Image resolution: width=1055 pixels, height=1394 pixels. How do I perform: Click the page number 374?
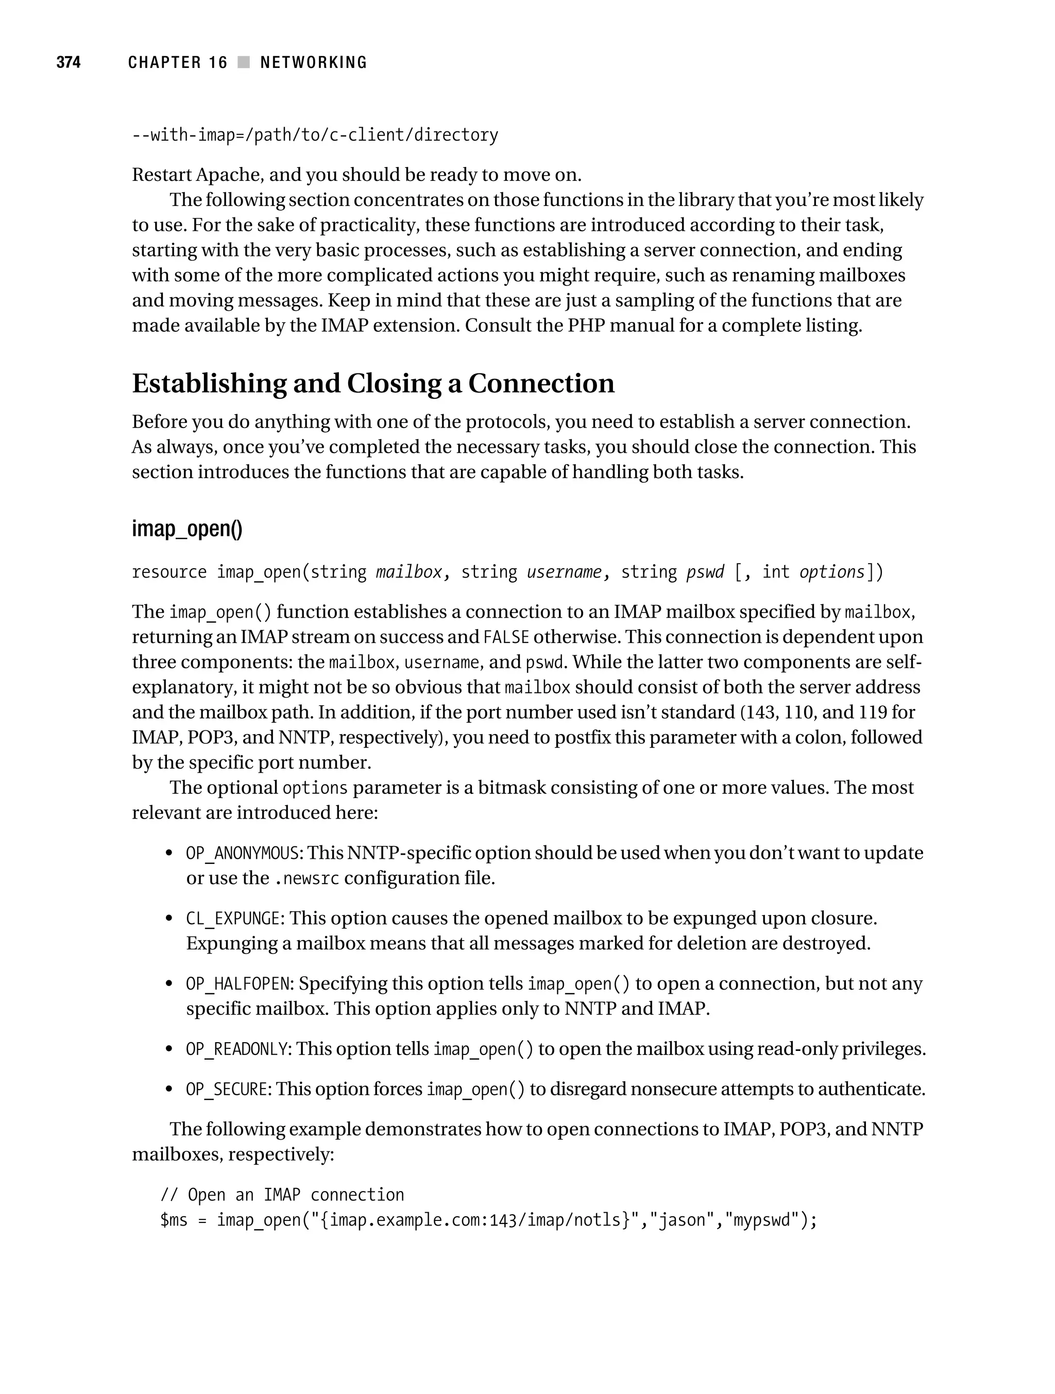click(x=68, y=62)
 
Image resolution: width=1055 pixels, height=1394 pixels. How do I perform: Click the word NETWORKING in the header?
click(x=313, y=62)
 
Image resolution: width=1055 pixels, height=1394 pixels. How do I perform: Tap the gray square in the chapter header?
click(x=243, y=62)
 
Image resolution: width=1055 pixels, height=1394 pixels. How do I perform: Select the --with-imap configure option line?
click(x=314, y=135)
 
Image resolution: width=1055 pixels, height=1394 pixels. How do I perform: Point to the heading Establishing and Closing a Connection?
click(x=372, y=384)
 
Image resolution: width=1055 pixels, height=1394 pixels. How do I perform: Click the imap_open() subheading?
click(x=186, y=528)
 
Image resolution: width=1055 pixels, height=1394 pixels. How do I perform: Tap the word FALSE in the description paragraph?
click(x=506, y=638)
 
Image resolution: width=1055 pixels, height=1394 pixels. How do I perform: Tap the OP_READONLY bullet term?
click(x=237, y=1049)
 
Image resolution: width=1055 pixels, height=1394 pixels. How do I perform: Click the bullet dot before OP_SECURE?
click(x=168, y=1090)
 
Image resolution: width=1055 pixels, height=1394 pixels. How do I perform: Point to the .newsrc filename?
click(x=307, y=878)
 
